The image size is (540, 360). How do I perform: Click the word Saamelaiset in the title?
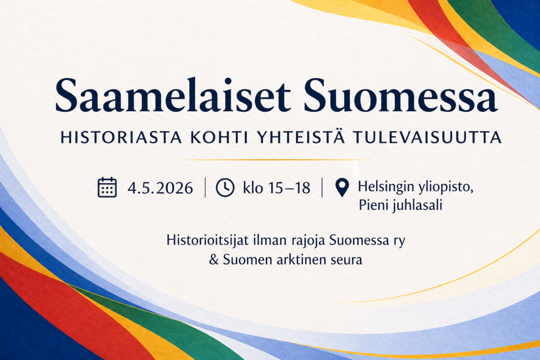point(173,95)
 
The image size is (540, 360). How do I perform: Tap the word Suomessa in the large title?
point(400,95)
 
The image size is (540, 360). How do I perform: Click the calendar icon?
point(107,188)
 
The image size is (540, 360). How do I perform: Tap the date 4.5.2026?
point(160,188)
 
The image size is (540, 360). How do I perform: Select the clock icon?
point(225,188)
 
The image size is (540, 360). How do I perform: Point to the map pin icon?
point(342,188)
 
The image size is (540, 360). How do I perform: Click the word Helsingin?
point(384,187)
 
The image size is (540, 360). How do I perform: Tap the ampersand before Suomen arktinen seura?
point(214,260)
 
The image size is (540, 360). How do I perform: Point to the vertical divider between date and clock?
point(205,188)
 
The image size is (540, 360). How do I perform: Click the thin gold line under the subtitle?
point(274,159)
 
